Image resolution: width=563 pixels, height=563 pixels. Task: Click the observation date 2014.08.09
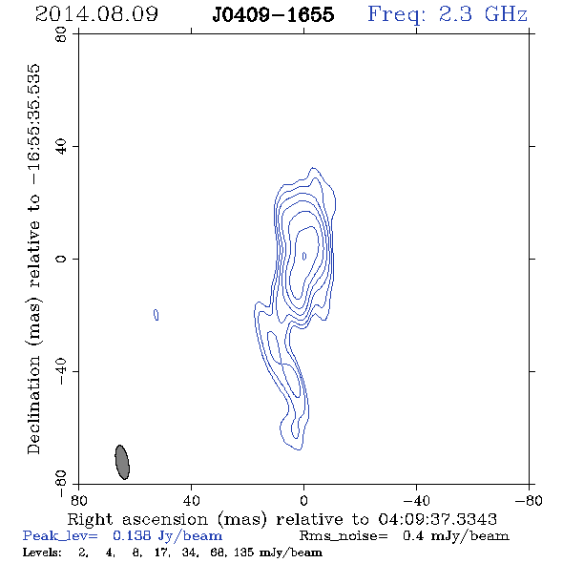96,14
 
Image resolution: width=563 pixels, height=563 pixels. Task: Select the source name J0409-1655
273,14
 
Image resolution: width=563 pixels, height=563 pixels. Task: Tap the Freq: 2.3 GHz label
448,14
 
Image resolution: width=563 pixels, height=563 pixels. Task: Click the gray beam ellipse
122,462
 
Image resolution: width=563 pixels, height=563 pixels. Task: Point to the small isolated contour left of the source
156,315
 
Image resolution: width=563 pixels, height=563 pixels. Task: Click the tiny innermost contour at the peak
304,256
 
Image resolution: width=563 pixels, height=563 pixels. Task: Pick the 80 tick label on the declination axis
61,34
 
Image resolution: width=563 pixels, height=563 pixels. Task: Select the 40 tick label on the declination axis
61,147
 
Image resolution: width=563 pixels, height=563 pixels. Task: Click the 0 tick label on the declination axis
61,259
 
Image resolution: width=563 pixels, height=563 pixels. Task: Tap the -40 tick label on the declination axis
61,371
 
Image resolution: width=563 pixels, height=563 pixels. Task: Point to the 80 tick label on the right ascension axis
78,500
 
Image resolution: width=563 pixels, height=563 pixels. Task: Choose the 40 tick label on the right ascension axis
192,500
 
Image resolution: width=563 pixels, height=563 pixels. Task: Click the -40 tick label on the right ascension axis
416,500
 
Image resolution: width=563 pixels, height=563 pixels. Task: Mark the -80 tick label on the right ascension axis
529,500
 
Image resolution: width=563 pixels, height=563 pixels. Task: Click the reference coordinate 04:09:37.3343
437,519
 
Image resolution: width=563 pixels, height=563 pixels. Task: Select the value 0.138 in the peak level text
133,535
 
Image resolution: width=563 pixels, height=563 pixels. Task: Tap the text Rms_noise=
344,536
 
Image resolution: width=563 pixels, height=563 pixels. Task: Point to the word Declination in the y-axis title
33,405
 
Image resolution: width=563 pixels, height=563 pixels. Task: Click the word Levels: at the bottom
42,552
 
